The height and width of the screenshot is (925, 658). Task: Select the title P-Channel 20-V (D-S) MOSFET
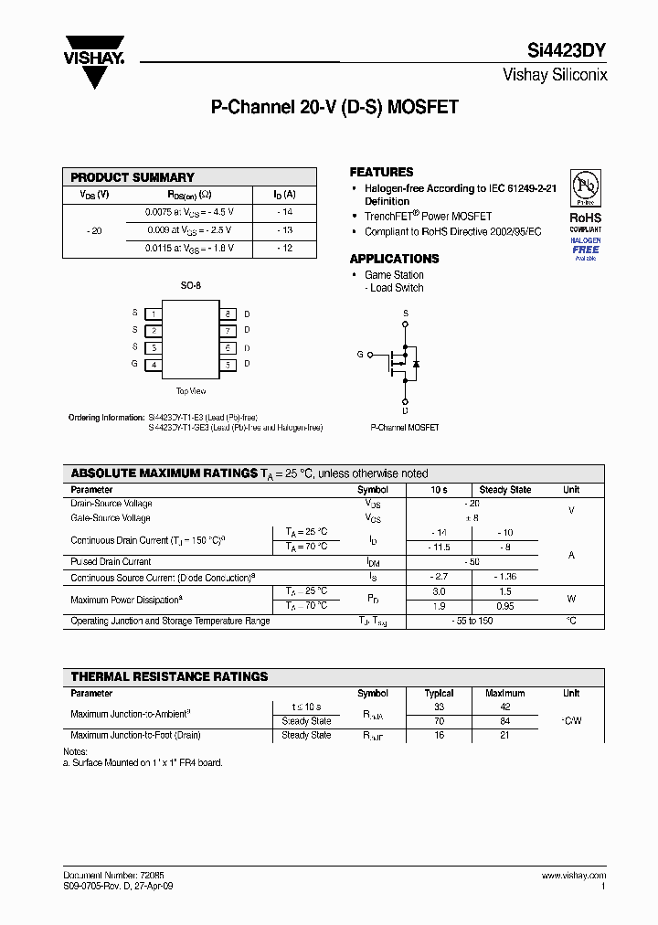coord(334,107)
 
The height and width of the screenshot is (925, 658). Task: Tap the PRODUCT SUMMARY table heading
coord(133,177)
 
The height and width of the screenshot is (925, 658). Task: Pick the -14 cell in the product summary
coord(285,211)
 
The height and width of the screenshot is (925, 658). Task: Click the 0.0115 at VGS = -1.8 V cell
coord(189,248)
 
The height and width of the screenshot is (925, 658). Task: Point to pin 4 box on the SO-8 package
coord(154,365)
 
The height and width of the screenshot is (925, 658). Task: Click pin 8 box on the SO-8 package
coord(228,314)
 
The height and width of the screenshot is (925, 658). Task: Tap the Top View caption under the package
coord(190,391)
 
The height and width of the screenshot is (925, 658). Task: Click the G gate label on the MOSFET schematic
coord(360,354)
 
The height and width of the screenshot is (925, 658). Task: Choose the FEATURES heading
coord(381,172)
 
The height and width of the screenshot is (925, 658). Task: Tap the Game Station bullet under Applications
coord(394,275)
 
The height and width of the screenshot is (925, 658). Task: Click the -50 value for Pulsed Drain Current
coord(472,561)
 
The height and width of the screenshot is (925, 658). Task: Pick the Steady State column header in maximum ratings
coord(504,490)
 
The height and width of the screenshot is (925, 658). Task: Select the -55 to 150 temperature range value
coord(472,621)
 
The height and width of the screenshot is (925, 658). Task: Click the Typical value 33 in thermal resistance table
coord(439,707)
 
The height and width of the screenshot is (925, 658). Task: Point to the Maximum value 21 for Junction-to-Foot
coord(504,735)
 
